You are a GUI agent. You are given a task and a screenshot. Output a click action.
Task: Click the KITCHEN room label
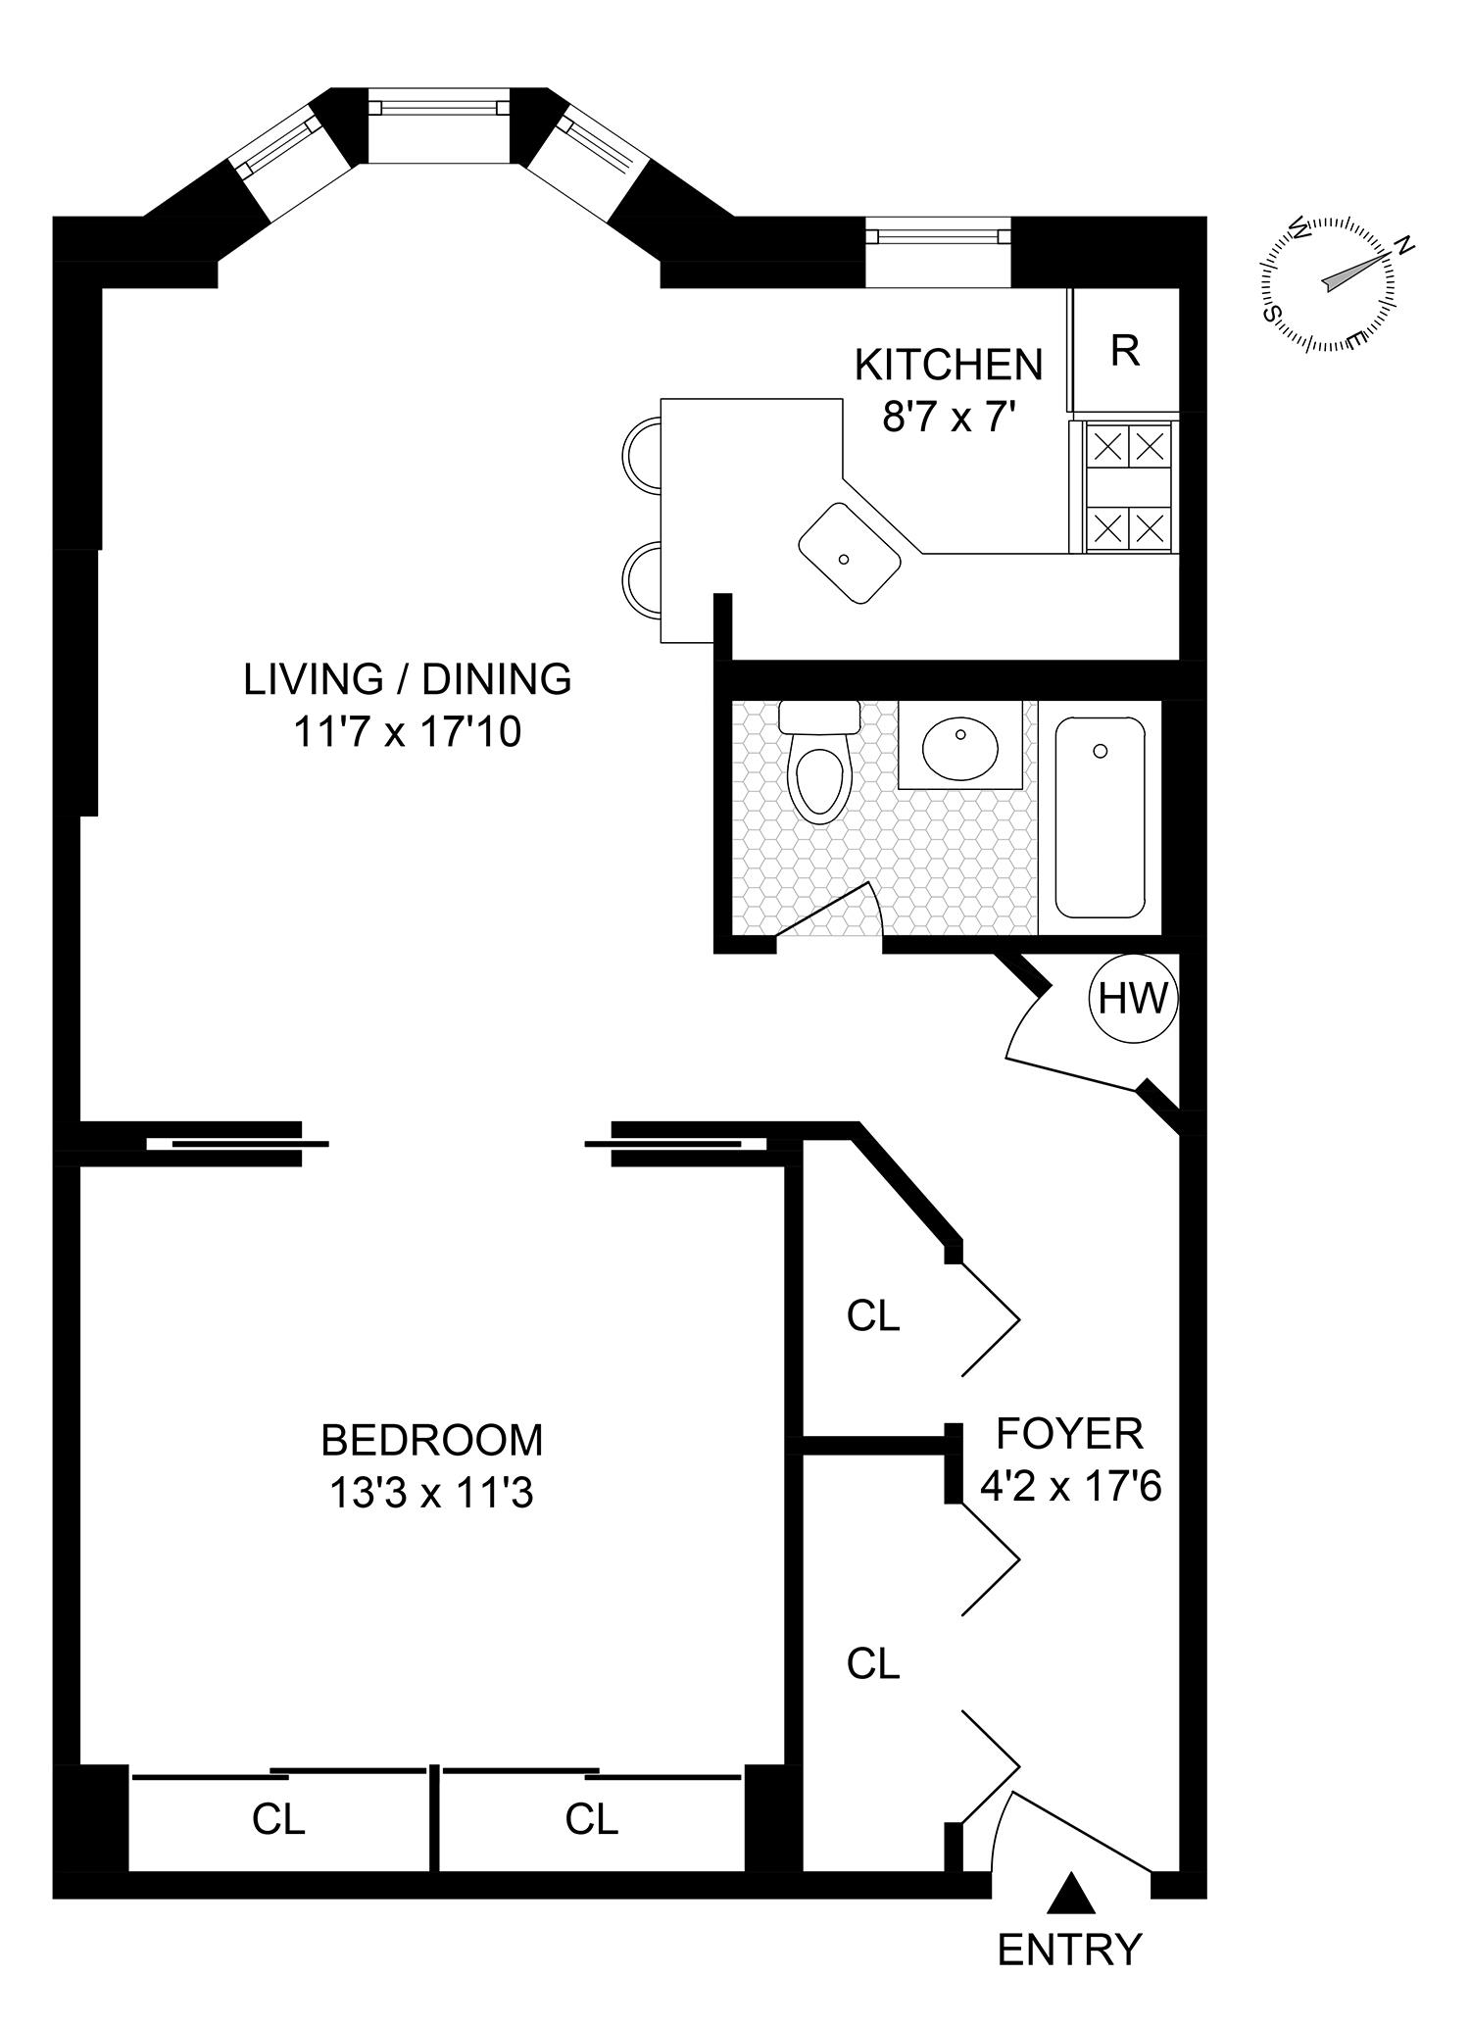(x=949, y=365)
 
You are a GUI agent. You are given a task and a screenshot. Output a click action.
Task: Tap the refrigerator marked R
(x=1125, y=350)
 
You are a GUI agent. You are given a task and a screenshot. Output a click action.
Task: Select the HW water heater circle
(x=1133, y=999)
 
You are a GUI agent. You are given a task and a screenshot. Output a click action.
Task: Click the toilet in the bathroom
(x=819, y=769)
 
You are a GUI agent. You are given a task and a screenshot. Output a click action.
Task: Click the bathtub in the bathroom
(x=1100, y=816)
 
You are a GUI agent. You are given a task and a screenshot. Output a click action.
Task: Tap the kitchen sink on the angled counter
(x=849, y=554)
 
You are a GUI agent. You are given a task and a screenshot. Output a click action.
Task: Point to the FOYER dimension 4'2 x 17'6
(x=1070, y=1487)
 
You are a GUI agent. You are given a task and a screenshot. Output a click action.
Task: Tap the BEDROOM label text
(x=431, y=1440)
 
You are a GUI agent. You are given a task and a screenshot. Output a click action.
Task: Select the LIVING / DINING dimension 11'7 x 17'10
(x=407, y=731)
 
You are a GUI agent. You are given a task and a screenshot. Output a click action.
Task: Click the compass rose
(x=1330, y=285)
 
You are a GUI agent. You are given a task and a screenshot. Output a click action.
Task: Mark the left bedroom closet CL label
(x=278, y=1818)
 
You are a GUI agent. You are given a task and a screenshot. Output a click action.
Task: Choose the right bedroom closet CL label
(x=591, y=1818)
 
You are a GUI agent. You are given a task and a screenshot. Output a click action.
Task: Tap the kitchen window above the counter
(x=938, y=235)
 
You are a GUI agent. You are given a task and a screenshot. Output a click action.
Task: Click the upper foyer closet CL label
(x=872, y=1315)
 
